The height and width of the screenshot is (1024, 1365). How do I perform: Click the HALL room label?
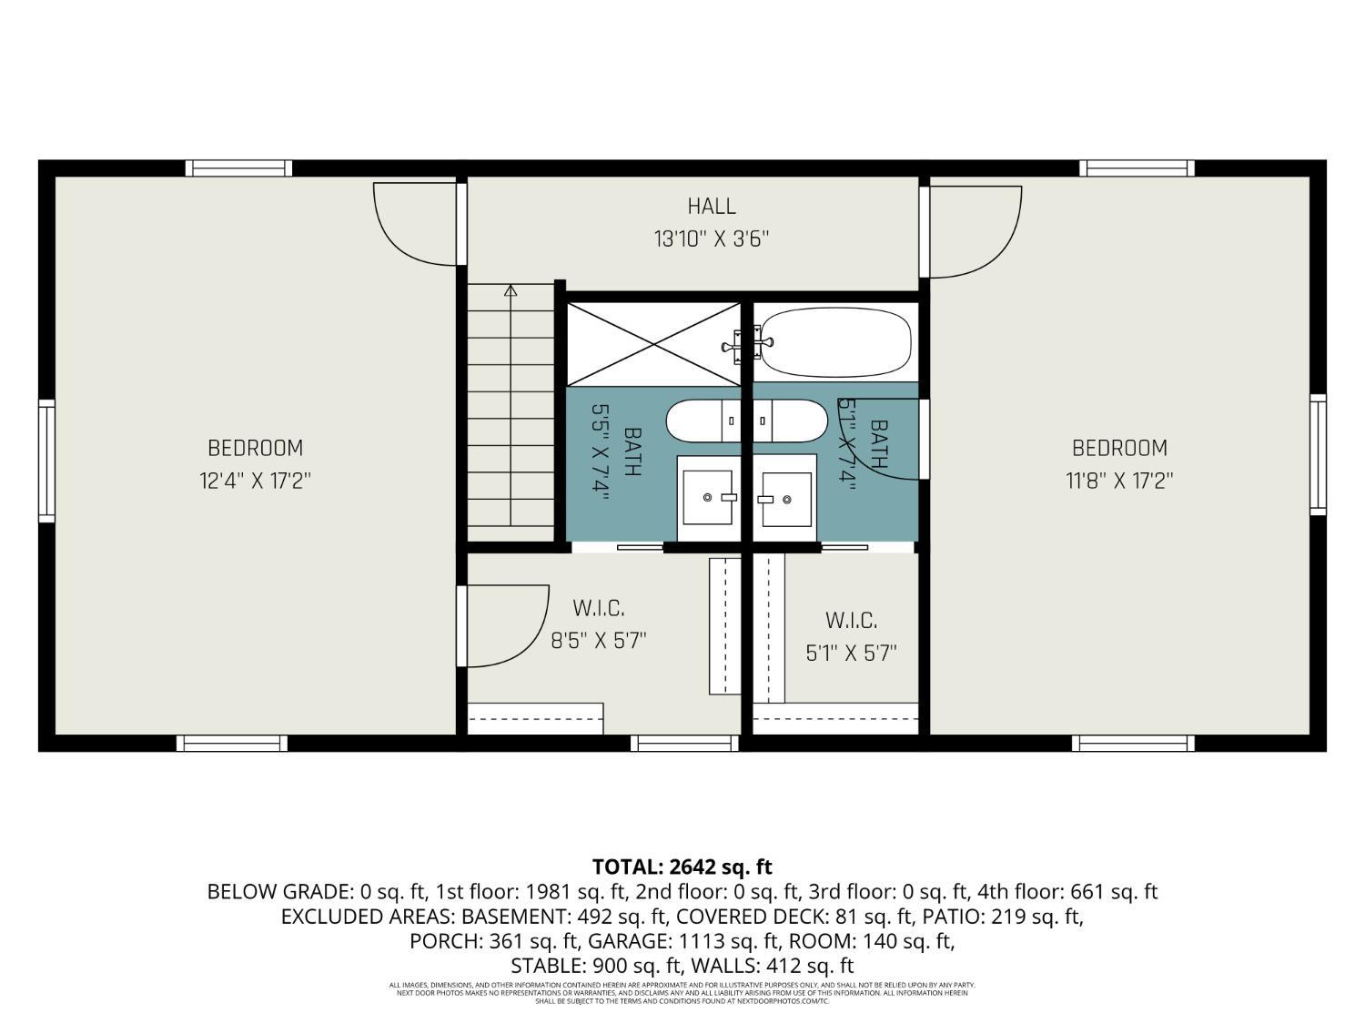(711, 207)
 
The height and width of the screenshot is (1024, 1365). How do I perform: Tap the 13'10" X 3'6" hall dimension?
(711, 239)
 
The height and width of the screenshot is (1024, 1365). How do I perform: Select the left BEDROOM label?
(255, 448)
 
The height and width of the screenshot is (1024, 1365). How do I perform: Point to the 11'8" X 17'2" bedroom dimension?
(1119, 481)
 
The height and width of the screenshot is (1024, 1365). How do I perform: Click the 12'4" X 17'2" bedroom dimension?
(255, 481)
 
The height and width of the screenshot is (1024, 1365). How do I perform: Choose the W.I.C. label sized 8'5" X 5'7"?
(598, 608)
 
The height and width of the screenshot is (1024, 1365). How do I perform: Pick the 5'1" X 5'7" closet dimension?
(851, 654)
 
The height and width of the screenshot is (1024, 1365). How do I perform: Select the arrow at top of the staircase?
(511, 291)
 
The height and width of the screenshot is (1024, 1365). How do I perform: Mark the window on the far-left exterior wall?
(46, 461)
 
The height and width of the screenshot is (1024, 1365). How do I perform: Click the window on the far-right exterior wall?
(1318, 454)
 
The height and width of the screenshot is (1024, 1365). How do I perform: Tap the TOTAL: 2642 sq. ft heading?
(682, 867)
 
